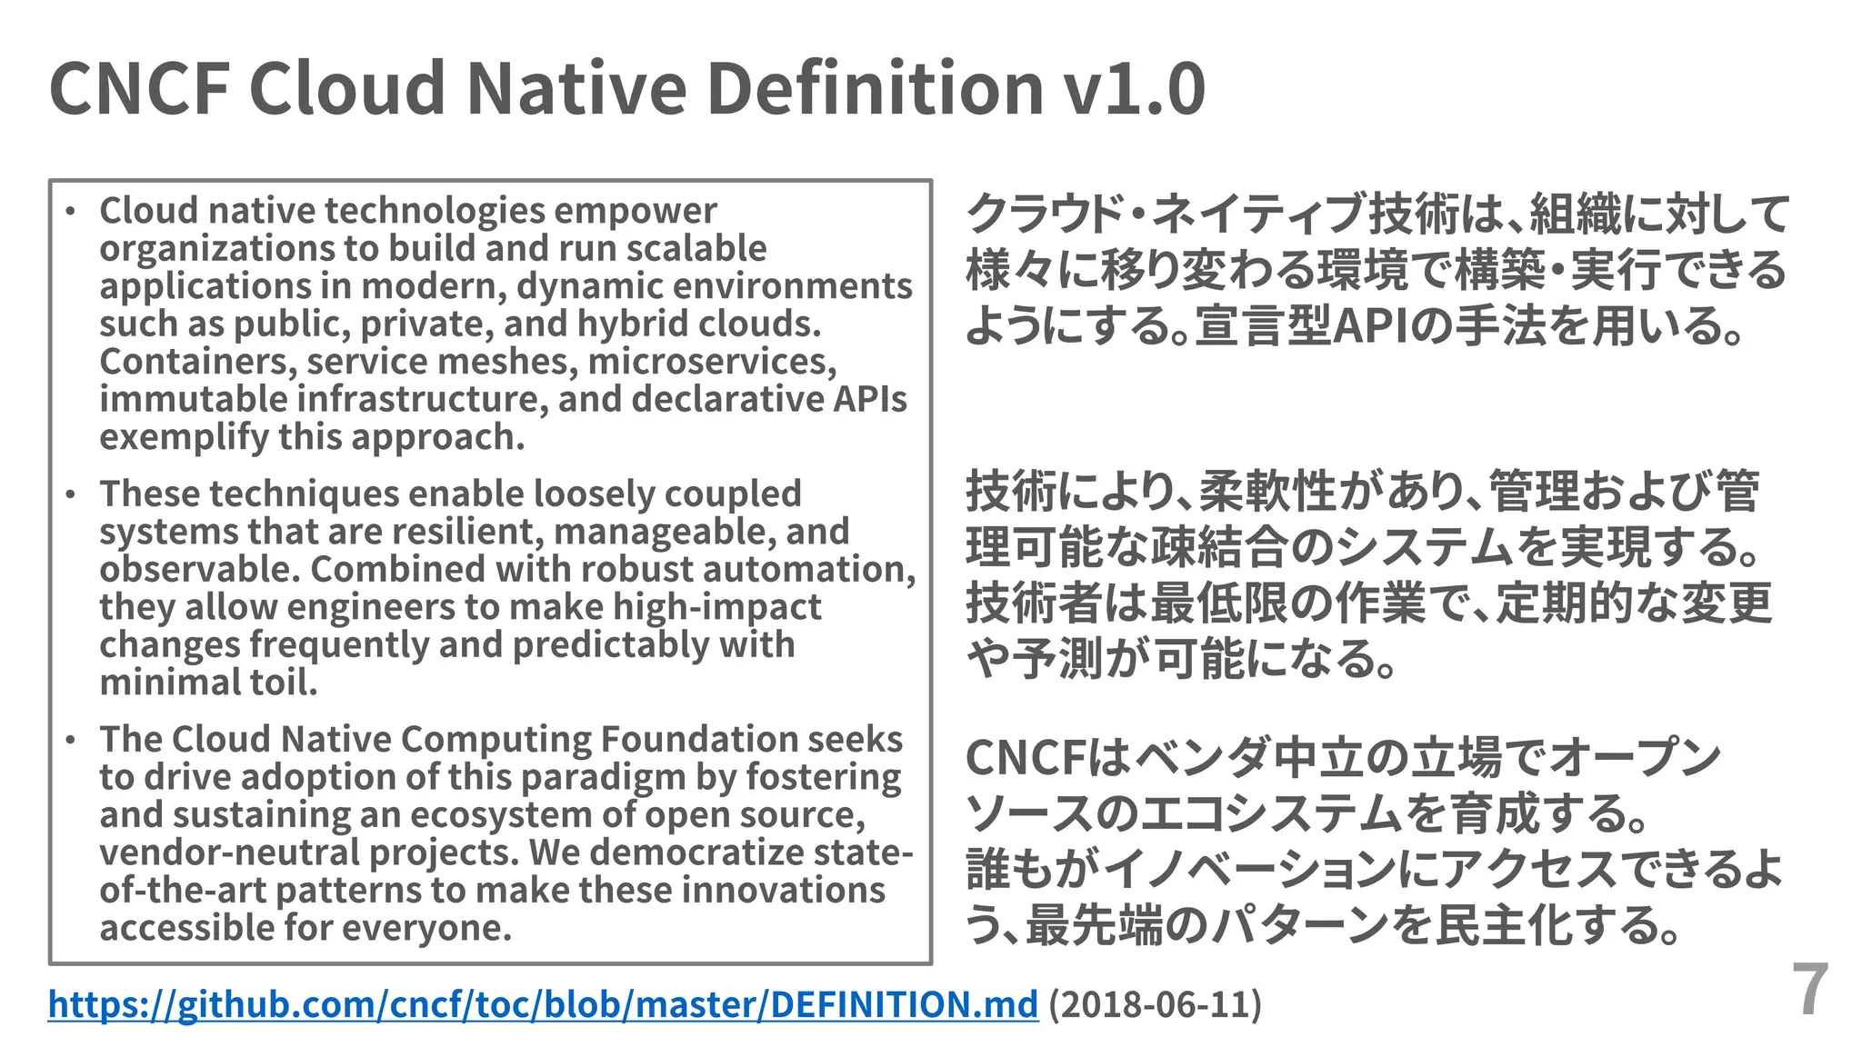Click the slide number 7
1809,991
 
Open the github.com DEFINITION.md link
543,1004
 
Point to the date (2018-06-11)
1155,1004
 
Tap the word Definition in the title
874,88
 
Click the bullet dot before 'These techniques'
71,495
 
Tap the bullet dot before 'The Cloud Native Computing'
71,741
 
